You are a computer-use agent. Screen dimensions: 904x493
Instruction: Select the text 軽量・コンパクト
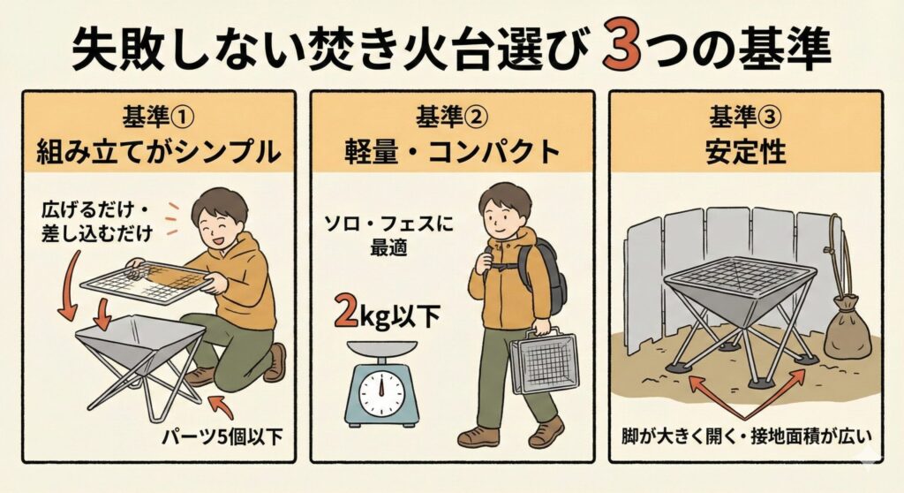pos(452,152)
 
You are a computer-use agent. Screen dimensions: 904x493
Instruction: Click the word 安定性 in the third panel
pos(745,152)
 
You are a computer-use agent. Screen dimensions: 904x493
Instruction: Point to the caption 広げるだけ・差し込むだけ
pos(97,221)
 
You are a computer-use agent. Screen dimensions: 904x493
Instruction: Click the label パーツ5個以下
pos(222,437)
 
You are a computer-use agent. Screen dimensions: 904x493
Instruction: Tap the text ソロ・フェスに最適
pos(388,235)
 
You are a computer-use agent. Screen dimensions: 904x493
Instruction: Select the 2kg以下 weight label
pos(388,315)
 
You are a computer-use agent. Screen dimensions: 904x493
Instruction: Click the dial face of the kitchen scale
pos(381,392)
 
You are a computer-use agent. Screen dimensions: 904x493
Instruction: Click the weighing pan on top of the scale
pos(382,347)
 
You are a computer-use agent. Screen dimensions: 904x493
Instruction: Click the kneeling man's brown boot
pos(275,362)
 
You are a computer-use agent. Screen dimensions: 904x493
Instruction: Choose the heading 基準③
pos(745,118)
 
